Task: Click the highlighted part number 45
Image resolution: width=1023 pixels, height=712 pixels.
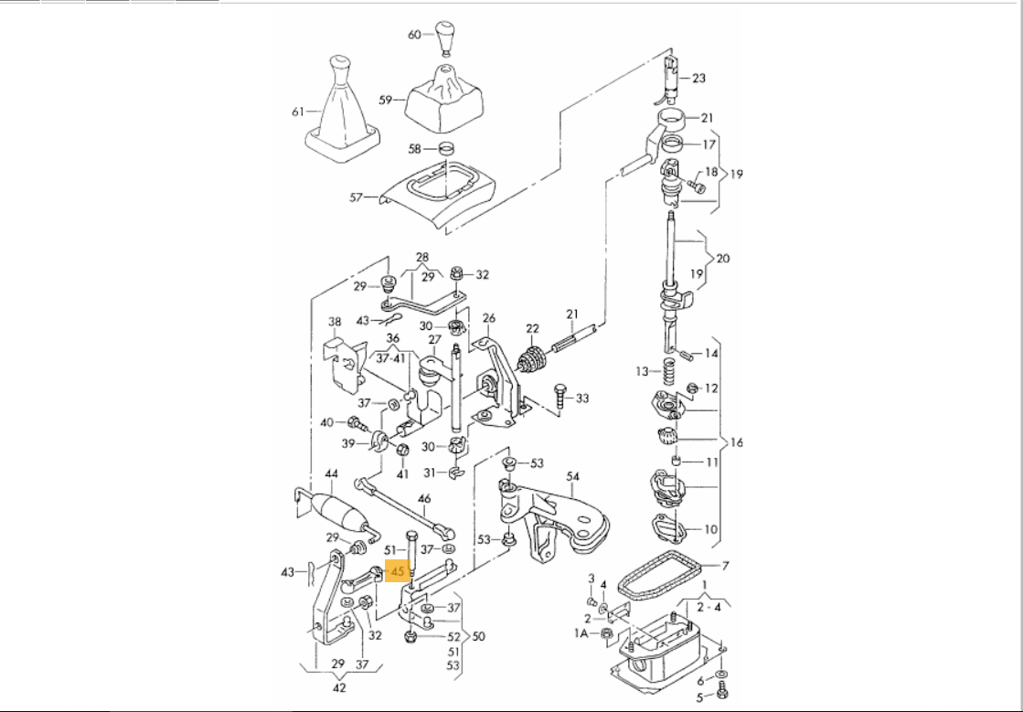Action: pyautogui.click(x=397, y=571)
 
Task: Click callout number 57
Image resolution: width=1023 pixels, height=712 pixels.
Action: pyautogui.click(x=357, y=197)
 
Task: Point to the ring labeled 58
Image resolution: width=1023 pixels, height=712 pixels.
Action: pyautogui.click(x=445, y=148)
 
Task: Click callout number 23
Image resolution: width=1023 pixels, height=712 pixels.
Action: pyautogui.click(x=699, y=79)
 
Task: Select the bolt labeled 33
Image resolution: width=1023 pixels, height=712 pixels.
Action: pyautogui.click(x=559, y=396)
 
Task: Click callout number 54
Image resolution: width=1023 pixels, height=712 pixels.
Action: pyautogui.click(x=573, y=476)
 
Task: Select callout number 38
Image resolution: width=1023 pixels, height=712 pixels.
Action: pyautogui.click(x=335, y=323)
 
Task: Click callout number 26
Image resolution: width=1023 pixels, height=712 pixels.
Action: pyautogui.click(x=489, y=319)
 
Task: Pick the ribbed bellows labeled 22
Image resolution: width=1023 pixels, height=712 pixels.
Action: pyautogui.click(x=531, y=360)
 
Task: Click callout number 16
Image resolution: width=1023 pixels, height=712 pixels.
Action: pyautogui.click(x=736, y=442)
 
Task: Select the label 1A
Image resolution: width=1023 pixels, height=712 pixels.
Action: pyautogui.click(x=581, y=632)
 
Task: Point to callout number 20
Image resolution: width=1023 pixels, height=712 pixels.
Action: pyautogui.click(x=722, y=259)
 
